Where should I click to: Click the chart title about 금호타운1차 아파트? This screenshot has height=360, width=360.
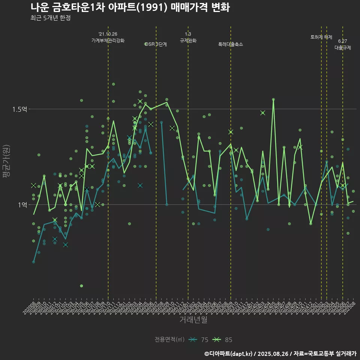coord(130,7)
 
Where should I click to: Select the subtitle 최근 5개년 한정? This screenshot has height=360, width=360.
coord(50,18)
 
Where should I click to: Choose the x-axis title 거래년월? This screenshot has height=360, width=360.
coord(193,320)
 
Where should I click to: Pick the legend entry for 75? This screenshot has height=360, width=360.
coord(200,340)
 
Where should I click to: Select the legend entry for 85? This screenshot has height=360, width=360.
coord(223,340)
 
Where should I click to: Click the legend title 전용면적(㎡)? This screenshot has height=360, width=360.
coord(169,340)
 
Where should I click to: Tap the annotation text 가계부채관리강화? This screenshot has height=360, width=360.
coord(108,40)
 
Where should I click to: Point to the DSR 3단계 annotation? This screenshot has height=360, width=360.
coord(156,44)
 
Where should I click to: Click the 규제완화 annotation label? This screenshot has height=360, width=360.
coord(188,40)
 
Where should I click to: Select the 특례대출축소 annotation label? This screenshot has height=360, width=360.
coord(231,44)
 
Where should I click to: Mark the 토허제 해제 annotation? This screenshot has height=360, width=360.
coord(321,37)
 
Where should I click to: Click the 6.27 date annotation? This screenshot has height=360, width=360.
coord(342,41)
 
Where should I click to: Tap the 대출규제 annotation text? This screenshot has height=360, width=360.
coord(342,48)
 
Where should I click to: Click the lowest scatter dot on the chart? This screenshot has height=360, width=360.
coord(81,286)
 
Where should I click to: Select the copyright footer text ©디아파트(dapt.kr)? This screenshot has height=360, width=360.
coord(228,353)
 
